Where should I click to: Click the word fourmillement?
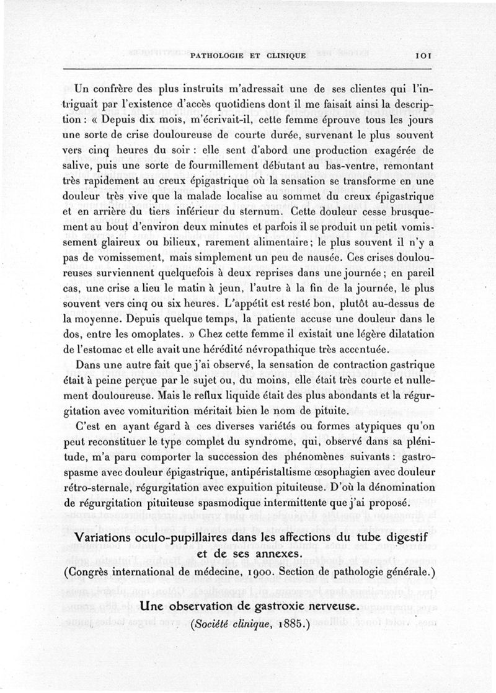(211, 166)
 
